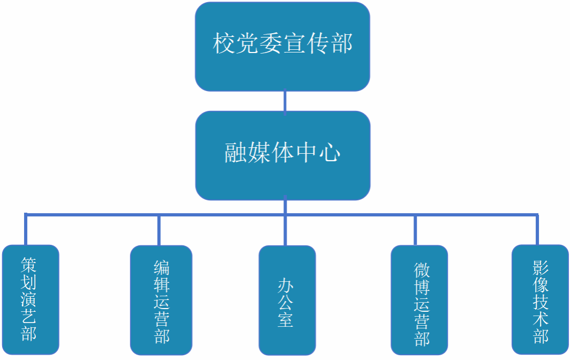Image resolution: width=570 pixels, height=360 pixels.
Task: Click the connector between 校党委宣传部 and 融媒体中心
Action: click(284, 101)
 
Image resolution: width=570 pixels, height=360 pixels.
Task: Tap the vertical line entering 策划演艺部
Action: click(25, 230)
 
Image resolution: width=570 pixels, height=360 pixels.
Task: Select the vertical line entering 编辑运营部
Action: click(159, 230)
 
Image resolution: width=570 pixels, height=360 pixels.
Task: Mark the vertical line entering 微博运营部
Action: click(415, 230)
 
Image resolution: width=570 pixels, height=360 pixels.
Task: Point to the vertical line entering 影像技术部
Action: click(537, 230)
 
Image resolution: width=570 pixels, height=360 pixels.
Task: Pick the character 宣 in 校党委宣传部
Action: click(295, 43)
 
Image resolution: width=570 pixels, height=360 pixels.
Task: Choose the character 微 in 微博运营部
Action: click(422, 269)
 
